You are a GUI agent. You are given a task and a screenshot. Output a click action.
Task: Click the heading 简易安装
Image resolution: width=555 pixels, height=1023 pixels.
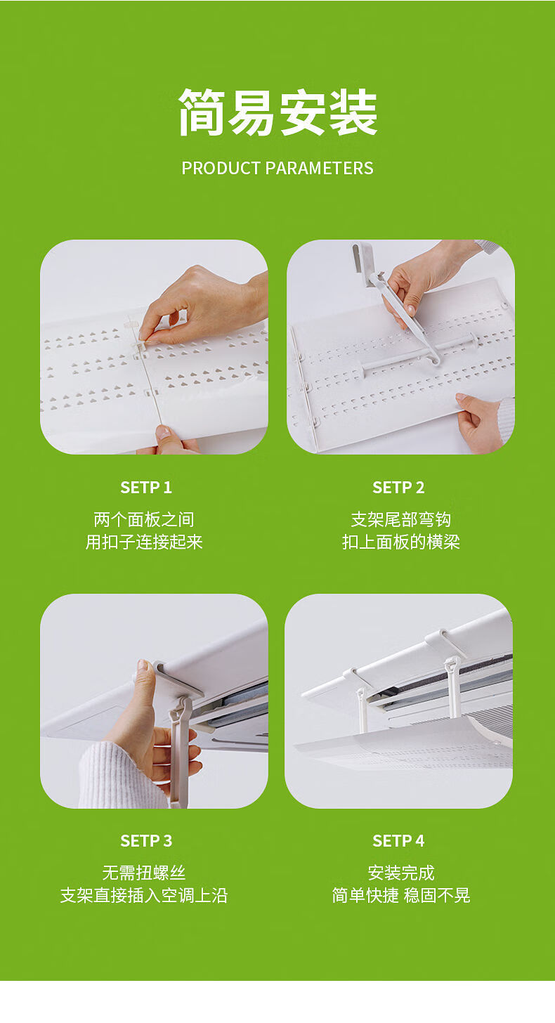click(277, 112)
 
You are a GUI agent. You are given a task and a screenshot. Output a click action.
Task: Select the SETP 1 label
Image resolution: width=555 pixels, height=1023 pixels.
click(146, 488)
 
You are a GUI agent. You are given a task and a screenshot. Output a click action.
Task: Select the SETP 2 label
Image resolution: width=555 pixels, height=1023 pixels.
click(398, 488)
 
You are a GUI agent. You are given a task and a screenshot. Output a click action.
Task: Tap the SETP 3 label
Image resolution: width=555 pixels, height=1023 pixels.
click(146, 841)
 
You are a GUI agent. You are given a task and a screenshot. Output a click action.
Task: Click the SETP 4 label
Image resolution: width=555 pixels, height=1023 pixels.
click(398, 841)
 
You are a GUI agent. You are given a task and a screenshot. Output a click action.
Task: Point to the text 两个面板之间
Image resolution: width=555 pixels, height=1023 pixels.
click(144, 520)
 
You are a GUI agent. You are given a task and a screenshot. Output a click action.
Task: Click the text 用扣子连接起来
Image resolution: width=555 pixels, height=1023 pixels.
click(144, 542)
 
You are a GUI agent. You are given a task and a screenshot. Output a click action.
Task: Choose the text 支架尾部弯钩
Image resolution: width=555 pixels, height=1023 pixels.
click(400, 520)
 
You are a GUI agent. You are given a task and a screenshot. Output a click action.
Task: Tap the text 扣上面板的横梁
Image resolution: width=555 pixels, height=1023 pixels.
click(400, 542)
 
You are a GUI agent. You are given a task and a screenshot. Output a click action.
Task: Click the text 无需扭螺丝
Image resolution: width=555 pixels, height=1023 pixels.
click(144, 873)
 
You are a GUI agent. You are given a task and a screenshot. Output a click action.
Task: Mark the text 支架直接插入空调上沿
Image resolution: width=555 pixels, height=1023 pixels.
click(144, 895)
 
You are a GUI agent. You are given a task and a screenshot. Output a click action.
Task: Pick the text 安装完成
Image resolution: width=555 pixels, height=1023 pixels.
click(400, 873)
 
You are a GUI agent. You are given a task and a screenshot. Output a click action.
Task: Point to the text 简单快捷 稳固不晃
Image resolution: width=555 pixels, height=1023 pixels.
click(400, 895)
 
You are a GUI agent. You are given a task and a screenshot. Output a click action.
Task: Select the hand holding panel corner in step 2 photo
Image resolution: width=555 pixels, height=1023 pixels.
click(480, 421)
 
